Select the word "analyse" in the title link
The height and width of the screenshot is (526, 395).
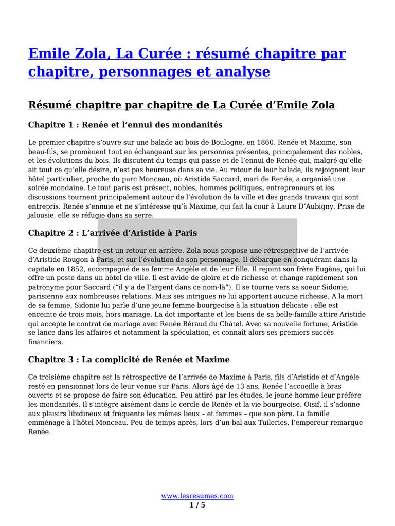[242, 72]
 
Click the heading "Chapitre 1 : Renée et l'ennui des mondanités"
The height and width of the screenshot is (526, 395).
[125, 125]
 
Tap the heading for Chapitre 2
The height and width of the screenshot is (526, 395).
[113, 233]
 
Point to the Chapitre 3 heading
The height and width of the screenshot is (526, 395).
[129, 359]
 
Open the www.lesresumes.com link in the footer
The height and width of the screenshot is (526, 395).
[197, 496]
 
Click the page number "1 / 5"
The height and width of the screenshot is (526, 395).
[197, 505]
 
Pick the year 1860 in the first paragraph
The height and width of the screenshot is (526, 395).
[265, 142]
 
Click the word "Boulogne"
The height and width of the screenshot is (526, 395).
[229, 142]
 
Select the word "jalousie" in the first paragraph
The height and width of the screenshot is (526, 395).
[41, 216]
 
